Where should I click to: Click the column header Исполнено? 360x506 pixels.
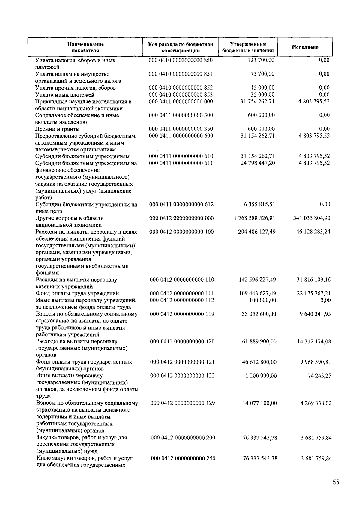tap(305, 47)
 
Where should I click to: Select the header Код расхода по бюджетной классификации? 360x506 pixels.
tap(181, 47)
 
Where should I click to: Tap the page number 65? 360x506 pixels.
tap(336, 482)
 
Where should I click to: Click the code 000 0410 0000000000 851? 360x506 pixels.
tap(181, 74)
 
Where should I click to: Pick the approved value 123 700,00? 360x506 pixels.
tap(261, 60)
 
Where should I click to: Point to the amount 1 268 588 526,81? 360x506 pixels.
tap(255, 218)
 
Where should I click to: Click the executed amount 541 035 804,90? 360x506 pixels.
tap(312, 218)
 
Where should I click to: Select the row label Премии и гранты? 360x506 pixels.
tap(58, 129)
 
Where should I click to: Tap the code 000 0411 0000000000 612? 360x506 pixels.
tap(181, 205)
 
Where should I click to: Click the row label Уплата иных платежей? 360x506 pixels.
tap(65, 95)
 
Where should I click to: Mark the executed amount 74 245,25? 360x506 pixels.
tap(319, 376)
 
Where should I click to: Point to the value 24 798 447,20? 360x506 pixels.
tap(258, 163)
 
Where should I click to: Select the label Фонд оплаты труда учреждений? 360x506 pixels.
tap(77, 293)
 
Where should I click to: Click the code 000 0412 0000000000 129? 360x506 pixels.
tap(183, 403)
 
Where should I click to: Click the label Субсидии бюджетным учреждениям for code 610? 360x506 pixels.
tap(82, 156)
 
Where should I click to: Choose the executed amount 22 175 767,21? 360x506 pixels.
tap(313, 293)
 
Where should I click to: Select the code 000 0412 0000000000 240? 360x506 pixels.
tap(183, 458)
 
